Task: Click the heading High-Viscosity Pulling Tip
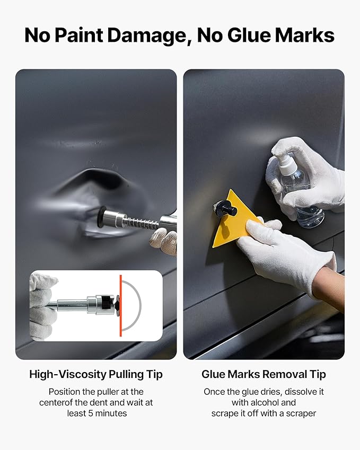coord(96,374)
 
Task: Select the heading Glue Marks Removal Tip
coord(264,374)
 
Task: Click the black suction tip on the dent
coord(101,217)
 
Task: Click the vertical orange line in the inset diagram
coord(120,305)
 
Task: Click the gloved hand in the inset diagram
coord(43,305)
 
